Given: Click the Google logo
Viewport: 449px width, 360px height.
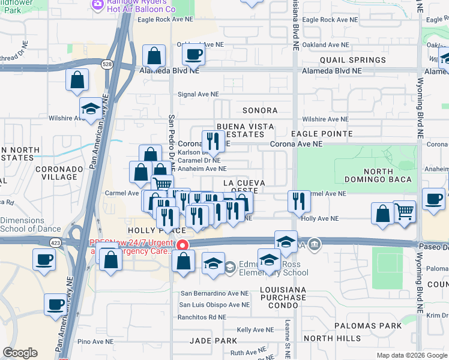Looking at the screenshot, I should [x=20, y=353].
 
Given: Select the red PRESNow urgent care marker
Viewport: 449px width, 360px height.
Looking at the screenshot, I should [x=181, y=245].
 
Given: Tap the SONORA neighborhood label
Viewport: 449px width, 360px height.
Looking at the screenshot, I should [x=260, y=110].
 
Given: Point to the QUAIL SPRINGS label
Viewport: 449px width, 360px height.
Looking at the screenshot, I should [x=352, y=60].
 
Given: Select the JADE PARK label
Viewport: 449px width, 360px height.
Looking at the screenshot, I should [x=213, y=340].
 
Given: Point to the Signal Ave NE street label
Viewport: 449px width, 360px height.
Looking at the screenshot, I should [x=197, y=94].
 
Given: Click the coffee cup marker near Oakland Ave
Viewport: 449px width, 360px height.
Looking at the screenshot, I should [x=193, y=55].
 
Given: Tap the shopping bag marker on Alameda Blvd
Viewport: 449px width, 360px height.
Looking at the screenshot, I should [x=154, y=56].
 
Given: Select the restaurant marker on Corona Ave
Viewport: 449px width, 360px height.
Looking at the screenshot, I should [x=212, y=141].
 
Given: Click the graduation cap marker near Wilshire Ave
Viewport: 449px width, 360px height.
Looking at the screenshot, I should [x=91, y=109].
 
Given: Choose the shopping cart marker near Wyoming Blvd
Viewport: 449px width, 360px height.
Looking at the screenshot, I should [x=405, y=211].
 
